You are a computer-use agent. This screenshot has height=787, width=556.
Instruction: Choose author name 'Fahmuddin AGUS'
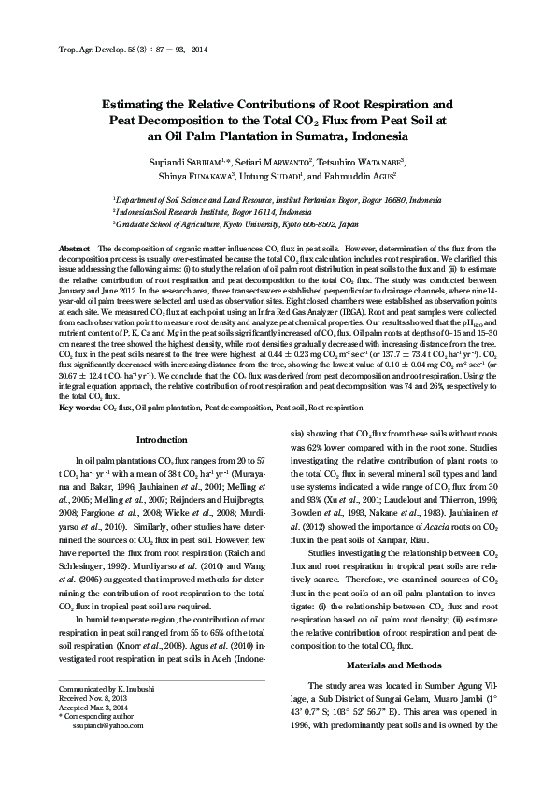click(372, 177)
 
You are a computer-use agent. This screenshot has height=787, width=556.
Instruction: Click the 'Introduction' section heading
click(162, 439)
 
